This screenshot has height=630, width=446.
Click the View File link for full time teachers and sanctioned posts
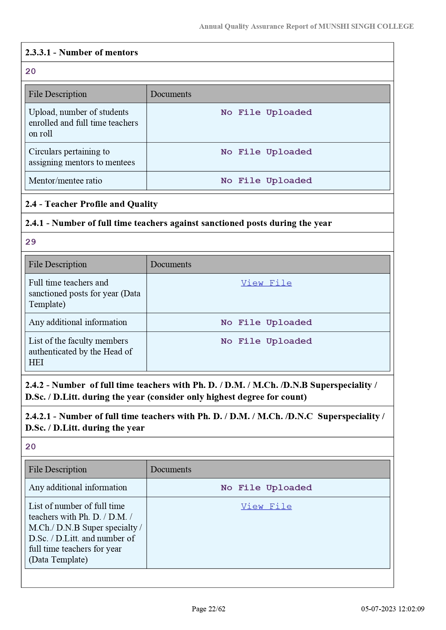266,283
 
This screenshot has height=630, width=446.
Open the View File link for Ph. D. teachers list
266,506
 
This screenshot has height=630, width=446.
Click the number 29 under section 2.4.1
31,242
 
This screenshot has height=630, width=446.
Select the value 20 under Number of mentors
31,71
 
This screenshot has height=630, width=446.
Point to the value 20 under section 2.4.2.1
31,446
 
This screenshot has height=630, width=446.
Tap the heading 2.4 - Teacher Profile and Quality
91,204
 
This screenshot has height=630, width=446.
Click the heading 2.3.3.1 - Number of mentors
82,52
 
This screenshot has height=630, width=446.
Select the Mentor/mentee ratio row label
65,181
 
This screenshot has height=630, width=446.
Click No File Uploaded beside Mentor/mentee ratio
266,181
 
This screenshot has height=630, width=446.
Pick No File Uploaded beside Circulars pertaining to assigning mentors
266,152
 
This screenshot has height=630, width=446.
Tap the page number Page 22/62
208,609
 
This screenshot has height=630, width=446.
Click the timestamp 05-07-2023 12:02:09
393,609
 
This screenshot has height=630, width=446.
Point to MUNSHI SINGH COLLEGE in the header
366,26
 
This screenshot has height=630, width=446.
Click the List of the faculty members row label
81,351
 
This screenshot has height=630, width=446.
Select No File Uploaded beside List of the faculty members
266,341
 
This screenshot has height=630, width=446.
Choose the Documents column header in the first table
171,94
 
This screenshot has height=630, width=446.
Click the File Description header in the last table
58,469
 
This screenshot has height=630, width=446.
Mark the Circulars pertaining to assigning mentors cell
82,157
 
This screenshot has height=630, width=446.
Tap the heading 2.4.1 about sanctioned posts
178,223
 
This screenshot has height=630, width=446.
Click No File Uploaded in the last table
266,488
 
